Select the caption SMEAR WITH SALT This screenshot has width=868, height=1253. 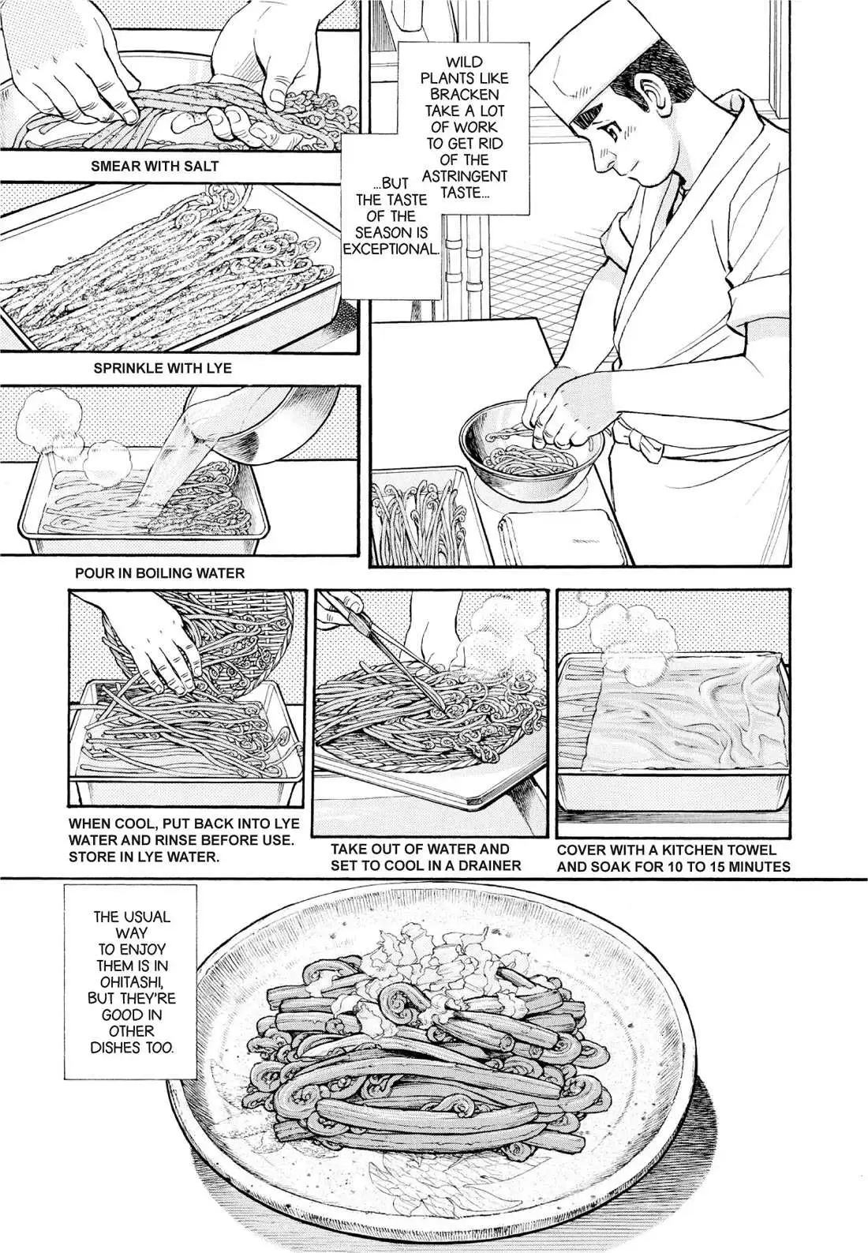point(155,166)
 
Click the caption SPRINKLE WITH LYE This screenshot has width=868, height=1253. point(163,368)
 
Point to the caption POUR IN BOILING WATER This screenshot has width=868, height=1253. point(160,573)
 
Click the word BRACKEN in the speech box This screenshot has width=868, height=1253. point(465,95)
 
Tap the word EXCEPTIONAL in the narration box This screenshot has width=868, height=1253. point(391,249)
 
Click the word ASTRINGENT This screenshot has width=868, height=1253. point(465,177)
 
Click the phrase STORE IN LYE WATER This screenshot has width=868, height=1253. point(143,857)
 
